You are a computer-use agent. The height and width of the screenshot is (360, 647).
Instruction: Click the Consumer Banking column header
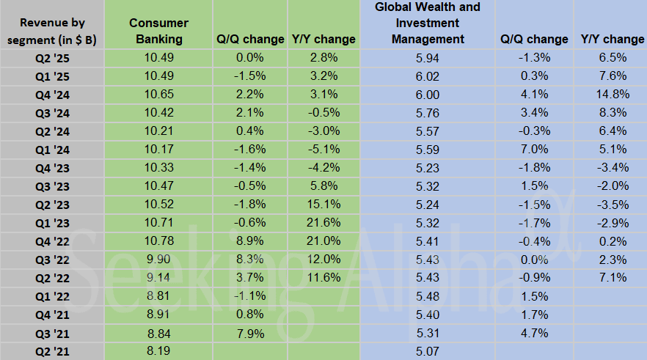tap(158, 31)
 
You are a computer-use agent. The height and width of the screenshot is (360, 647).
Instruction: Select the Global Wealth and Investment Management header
tap(428, 23)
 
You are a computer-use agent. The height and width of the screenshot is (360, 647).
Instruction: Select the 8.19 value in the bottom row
tap(158, 352)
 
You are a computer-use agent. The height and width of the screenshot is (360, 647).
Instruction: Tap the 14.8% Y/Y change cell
tap(613, 92)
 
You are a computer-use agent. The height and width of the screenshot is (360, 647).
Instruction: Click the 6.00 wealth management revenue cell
tap(427, 92)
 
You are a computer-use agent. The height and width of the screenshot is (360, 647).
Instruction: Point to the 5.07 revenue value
tap(427, 352)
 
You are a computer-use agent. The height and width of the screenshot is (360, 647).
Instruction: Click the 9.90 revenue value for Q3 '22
tap(158, 259)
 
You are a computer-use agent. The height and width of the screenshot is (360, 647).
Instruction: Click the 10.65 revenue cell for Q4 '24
tap(158, 92)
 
